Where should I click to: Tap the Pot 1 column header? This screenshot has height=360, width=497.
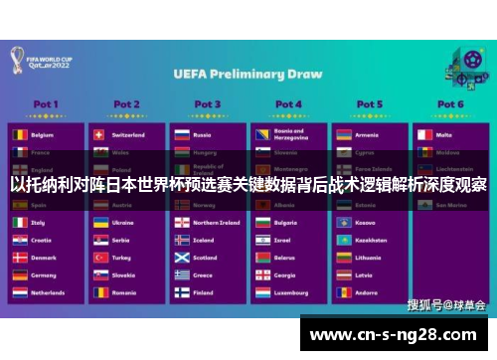click(x=46, y=103)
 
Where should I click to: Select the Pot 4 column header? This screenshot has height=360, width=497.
click(x=288, y=103)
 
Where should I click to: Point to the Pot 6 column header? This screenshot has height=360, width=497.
click(x=449, y=103)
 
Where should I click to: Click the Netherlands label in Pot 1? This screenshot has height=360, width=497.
click(x=48, y=293)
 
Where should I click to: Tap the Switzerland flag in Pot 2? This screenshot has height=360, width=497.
click(x=98, y=134)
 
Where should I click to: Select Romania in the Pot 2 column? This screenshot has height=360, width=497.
click(x=124, y=293)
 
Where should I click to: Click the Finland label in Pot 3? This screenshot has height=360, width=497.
click(x=204, y=293)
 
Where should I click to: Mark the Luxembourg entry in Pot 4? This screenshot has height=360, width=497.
click(x=291, y=293)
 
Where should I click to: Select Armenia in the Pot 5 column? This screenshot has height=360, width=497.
click(x=368, y=134)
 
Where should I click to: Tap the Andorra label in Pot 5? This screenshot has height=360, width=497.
click(x=367, y=293)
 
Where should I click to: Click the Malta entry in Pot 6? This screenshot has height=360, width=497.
click(x=444, y=134)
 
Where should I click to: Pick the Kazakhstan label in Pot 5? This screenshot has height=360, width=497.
click(x=371, y=240)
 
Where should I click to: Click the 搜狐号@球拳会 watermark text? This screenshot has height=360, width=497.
click(x=446, y=304)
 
